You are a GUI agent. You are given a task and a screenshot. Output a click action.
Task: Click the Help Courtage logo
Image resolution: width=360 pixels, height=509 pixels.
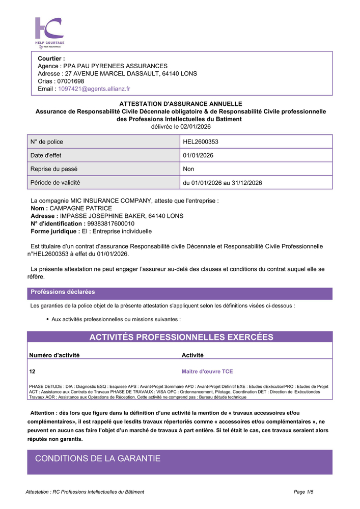point(49,32)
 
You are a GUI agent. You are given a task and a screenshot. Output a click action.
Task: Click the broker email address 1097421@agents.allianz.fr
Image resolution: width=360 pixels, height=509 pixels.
point(94,89)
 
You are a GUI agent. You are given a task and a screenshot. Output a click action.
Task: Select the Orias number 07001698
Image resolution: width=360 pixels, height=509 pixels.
point(71,81)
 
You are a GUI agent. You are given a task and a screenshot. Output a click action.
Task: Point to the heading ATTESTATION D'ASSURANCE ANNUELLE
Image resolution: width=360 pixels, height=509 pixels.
point(180,104)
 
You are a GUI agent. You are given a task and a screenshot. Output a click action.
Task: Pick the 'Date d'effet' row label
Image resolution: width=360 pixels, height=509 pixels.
point(46,155)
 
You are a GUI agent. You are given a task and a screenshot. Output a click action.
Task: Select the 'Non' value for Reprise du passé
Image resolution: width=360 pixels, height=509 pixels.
point(188,169)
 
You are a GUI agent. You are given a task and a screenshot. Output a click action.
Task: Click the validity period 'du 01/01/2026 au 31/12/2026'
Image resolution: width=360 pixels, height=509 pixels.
point(223,183)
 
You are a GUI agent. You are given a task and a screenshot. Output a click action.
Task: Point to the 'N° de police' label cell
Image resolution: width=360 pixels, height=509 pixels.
point(47,142)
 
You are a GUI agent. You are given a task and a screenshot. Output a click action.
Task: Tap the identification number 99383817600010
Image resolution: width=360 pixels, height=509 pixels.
point(104,223)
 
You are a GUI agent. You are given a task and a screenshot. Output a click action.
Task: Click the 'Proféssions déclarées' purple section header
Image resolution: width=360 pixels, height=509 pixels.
point(63,292)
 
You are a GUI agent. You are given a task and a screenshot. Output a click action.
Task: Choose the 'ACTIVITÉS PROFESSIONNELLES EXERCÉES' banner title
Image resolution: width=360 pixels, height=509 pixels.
point(181,337)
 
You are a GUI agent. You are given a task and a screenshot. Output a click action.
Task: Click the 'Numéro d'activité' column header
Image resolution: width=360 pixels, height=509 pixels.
point(54,355)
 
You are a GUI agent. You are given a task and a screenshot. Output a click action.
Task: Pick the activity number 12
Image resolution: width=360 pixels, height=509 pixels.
point(33,372)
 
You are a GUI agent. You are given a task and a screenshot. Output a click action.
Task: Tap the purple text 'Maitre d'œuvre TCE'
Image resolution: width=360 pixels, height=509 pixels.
point(207,372)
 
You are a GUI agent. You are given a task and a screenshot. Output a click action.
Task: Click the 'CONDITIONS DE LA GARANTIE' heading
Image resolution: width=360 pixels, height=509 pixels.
point(98,459)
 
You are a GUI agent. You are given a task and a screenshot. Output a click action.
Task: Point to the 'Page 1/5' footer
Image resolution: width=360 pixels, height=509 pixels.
point(303,492)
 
